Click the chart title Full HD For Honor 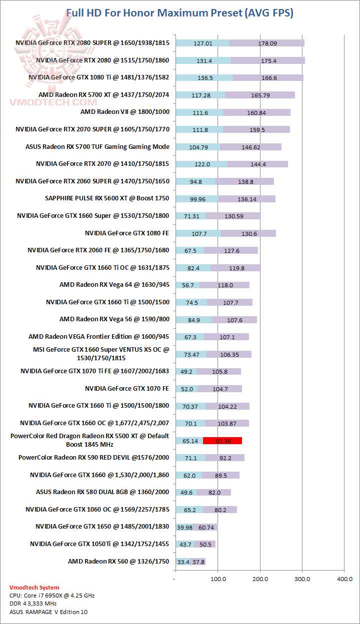[180, 13]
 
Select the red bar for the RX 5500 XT [222, 441]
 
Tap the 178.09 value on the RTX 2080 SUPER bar [267, 43]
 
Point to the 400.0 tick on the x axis [344, 579]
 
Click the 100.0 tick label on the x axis [217, 579]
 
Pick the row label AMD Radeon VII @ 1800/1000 [125, 112]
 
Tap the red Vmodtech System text [34, 588]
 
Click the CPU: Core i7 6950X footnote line [52, 596]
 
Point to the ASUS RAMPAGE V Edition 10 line [48, 612]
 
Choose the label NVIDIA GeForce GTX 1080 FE [127, 233]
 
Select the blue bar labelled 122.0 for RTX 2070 [201, 164]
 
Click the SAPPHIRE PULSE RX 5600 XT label [107, 198]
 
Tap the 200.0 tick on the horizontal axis [260, 579]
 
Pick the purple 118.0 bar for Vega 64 [224, 285]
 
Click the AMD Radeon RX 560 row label [118, 562]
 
